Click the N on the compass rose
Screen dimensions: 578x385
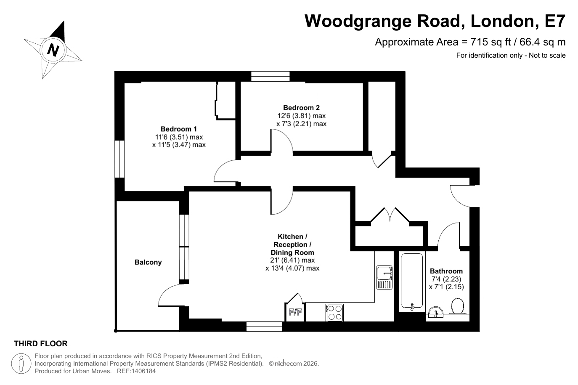[x=53, y=50]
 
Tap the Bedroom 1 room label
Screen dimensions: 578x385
[x=178, y=129]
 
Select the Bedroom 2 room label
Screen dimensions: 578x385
[x=301, y=108]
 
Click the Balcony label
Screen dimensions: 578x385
[x=148, y=262]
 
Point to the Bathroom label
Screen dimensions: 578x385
[x=446, y=271]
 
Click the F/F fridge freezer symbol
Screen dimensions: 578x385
[x=295, y=312]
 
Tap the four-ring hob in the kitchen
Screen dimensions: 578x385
[x=335, y=313]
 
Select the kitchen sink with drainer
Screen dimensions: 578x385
[x=384, y=277]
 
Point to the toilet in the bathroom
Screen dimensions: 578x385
[x=458, y=306]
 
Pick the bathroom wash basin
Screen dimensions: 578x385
[x=436, y=312]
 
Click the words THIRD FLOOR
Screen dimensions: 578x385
[x=40, y=343]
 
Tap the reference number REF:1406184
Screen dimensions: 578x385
[x=136, y=371]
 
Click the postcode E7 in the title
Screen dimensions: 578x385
[x=555, y=21]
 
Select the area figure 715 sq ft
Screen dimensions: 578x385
[x=491, y=42]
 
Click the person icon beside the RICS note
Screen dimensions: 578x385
[x=21, y=364]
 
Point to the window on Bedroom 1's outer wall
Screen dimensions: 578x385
[x=119, y=159]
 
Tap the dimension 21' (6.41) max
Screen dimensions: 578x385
[x=292, y=260]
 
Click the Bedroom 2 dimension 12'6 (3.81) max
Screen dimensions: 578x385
[x=301, y=116]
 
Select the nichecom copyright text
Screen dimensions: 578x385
[x=294, y=364]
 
